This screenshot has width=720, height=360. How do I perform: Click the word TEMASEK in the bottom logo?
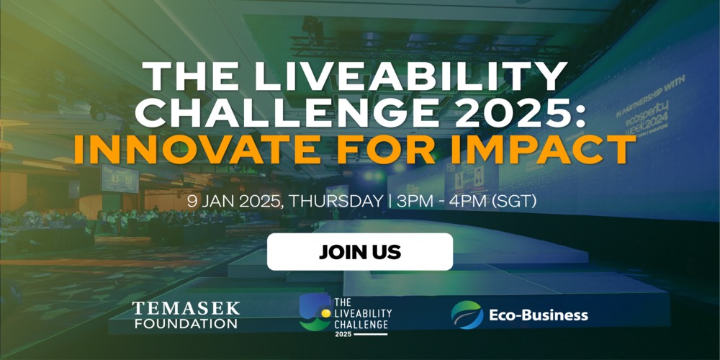[186, 309]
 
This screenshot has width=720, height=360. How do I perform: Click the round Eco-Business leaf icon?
[467, 315]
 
